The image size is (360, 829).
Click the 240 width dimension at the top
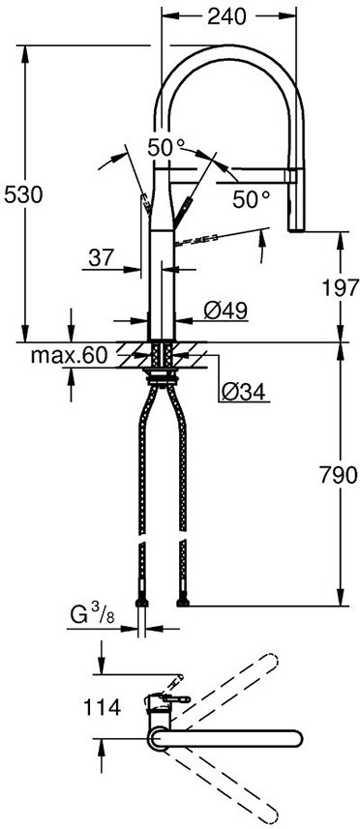point(231,15)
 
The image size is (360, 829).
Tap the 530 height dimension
point(23,193)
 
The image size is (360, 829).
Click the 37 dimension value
point(100,257)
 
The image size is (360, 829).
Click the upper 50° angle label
point(165,148)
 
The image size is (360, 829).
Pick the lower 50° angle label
point(253,198)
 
